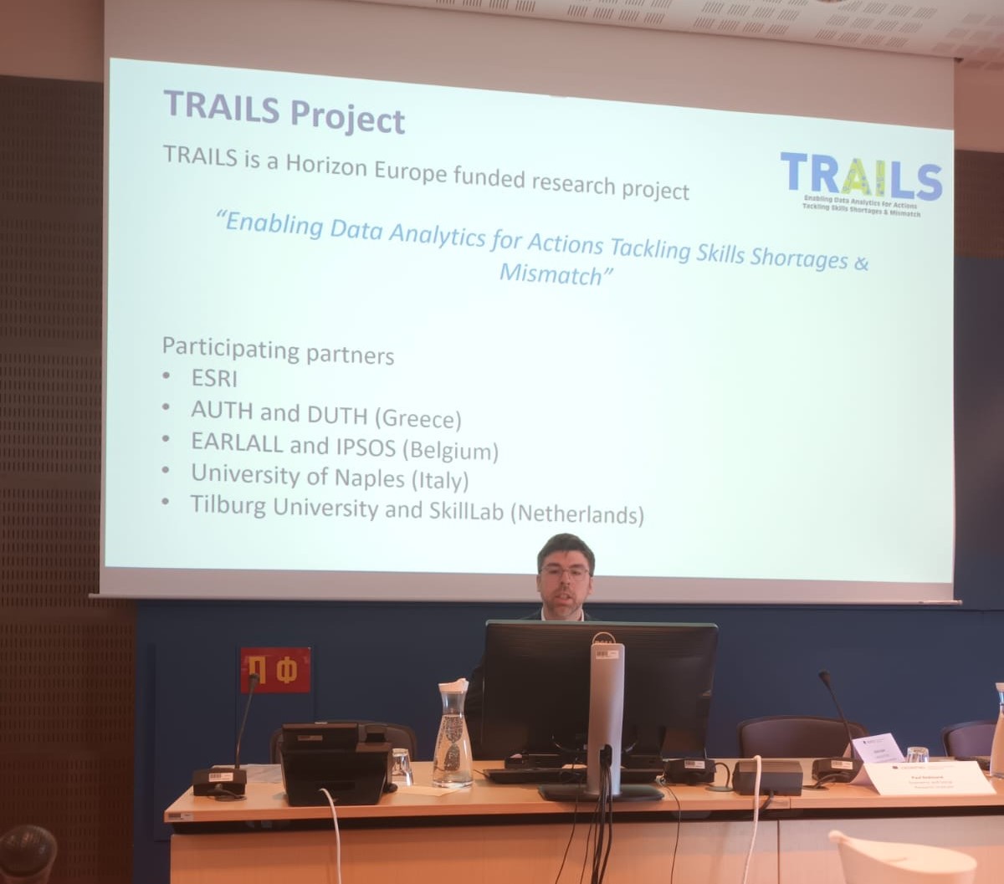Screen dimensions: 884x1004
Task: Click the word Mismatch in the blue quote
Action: coord(551,274)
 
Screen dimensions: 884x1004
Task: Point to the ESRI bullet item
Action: coord(214,379)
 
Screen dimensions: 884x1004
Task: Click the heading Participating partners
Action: coord(278,350)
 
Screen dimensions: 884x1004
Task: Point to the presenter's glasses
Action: coord(566,573)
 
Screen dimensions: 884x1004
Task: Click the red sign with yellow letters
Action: coord(275,670)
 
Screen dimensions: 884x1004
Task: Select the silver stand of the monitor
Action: coord(605,711)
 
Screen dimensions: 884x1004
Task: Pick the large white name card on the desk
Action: coord(929,777)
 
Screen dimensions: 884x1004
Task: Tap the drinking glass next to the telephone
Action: coord(402,766)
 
